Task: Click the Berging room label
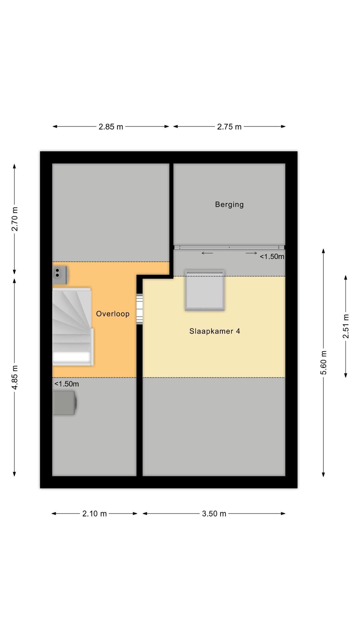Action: point(229,205)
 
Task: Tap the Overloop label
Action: point(112,314)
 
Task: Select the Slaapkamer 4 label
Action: point(215,331)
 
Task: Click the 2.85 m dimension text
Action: point(111,127)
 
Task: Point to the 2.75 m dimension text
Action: point(229,127)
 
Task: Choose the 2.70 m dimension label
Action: point(14,219)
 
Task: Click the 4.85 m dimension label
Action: point(14,377)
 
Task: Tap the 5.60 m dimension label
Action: point(323,362)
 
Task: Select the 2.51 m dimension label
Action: point(346,326)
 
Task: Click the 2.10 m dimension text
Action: point(94,513)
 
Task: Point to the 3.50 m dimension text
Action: point(214,513)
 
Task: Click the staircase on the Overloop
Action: point(73,327)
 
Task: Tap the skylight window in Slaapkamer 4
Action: point(205,290)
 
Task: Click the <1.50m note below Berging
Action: point(272,257)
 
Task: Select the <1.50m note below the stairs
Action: point(67,384)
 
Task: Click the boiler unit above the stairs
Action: point(60,275)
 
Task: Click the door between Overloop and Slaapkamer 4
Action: point(140,309)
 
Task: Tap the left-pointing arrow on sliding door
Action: point(207,253)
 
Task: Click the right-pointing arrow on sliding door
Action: point(251,253)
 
